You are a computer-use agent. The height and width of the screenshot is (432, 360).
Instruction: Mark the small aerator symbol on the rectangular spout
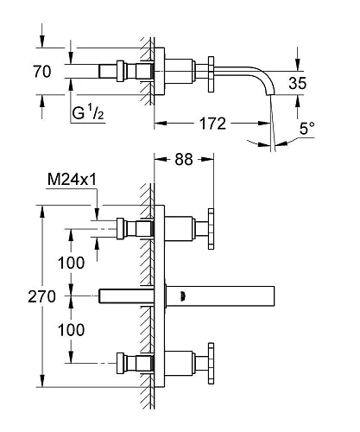coord(181,295)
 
